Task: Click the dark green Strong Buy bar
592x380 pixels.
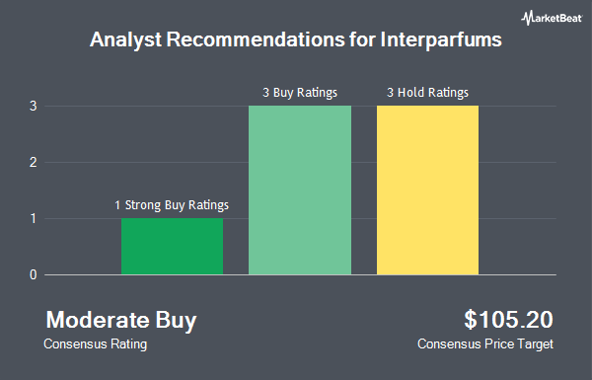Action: coord(172,247)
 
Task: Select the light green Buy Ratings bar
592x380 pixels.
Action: coord(300,190)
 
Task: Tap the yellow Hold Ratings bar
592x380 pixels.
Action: coord(428,190)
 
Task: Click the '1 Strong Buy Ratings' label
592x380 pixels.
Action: coord(172,205)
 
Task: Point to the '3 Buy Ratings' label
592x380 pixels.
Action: coord(300,93)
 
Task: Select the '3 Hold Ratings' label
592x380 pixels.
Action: coord(428,93)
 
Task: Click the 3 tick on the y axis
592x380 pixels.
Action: coord(34,107)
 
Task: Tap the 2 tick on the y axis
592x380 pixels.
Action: coord(34,163)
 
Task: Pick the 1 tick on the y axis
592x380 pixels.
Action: coord(34,218)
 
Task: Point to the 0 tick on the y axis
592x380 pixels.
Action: coord(34,274)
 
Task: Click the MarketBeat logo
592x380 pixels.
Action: coord(552,18)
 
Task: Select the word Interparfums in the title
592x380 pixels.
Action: coord(441,39)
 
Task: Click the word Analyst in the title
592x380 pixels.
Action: coord(125,40)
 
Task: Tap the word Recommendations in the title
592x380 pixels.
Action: coord(256,39)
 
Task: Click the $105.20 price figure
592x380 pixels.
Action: coord(508,320)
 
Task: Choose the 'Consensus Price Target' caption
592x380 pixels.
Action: coord(485,344)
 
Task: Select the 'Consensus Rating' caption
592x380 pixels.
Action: coord(95,344)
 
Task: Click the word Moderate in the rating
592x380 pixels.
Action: coord(98,320)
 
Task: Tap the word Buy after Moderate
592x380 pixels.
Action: coord(176,321)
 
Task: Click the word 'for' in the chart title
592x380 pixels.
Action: coord(362,39)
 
